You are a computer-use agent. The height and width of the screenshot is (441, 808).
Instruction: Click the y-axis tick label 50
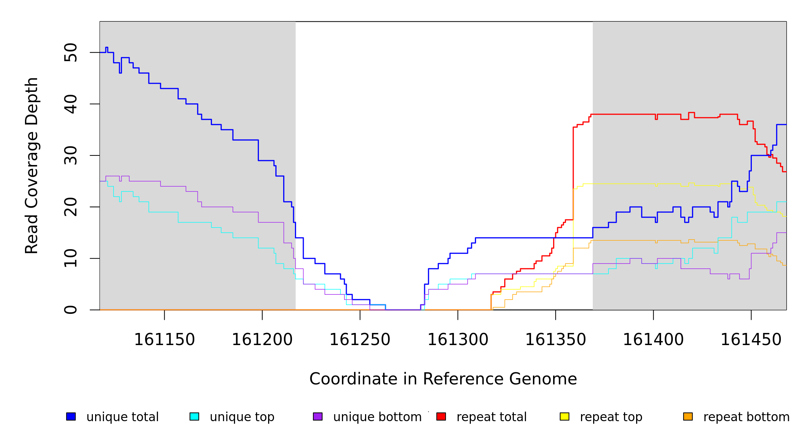[71, 53]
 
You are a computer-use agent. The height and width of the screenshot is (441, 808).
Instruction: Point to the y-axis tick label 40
[71, 104]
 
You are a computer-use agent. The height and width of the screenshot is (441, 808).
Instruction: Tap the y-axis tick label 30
[71, 155]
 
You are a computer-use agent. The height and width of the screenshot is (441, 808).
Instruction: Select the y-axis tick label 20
[71, 207]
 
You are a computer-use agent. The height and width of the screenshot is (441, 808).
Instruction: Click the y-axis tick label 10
[71, 258]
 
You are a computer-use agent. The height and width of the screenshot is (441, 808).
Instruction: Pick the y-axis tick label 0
[71, 310]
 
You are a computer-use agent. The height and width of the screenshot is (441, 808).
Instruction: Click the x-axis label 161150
[164, 340]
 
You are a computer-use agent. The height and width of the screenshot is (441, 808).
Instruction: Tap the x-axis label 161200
[262, 340]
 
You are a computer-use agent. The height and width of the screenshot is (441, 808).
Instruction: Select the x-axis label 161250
[360, 340]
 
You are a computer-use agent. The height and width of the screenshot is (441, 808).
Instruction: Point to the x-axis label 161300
[458, 340]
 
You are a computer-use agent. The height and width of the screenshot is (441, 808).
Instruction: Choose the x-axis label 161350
[555, 340]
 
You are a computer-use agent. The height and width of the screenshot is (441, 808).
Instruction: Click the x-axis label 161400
[653, 340]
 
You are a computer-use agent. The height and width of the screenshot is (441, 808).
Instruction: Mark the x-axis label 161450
[751, 340]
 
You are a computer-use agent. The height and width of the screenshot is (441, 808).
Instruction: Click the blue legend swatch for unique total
[71, 416]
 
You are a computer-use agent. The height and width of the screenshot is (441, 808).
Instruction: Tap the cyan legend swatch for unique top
[194, 416]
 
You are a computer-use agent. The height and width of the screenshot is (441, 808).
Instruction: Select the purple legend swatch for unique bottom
[318, 416]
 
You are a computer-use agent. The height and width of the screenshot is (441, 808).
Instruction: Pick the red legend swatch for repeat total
[441, 416]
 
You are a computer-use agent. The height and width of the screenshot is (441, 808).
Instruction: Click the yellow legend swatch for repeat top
[564, 416]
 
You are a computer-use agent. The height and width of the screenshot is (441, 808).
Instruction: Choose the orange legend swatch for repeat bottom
[688, 416]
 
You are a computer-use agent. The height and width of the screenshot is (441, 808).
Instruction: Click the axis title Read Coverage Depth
[32, 165]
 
